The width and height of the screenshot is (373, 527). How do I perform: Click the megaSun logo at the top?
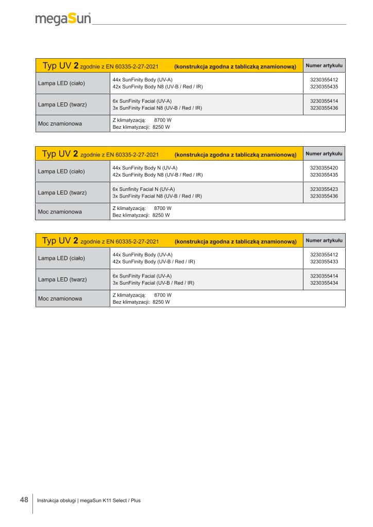coord(63,19)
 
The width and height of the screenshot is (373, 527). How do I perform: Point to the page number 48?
coord(24,500)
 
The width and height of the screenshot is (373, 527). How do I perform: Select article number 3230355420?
coord(324,168)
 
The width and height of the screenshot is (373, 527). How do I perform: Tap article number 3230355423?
coord(324,189)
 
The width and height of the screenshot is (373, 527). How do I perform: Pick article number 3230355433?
coord(324,261)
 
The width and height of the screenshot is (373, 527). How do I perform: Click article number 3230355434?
coord(324,283)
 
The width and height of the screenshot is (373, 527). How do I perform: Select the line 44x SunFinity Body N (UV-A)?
coord(145,168)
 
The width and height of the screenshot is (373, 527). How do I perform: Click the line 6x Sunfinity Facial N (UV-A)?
coord(144,189)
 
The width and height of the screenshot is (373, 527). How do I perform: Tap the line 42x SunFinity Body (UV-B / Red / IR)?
coord(154,261)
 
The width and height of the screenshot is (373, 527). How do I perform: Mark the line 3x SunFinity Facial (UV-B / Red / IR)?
coord(153,283)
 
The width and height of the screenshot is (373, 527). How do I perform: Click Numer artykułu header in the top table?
coord(324,65)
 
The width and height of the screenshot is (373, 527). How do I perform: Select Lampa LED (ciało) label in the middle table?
coord(61,171)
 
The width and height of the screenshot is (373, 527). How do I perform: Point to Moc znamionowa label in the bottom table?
coord(60,298)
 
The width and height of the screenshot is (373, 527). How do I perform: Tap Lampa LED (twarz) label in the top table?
coord(62,105)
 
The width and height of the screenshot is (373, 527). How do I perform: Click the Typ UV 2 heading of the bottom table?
coord(60,240)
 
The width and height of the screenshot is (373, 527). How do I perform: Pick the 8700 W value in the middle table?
coord(163,207)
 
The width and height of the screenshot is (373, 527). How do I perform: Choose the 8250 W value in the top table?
coord(161,127)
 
